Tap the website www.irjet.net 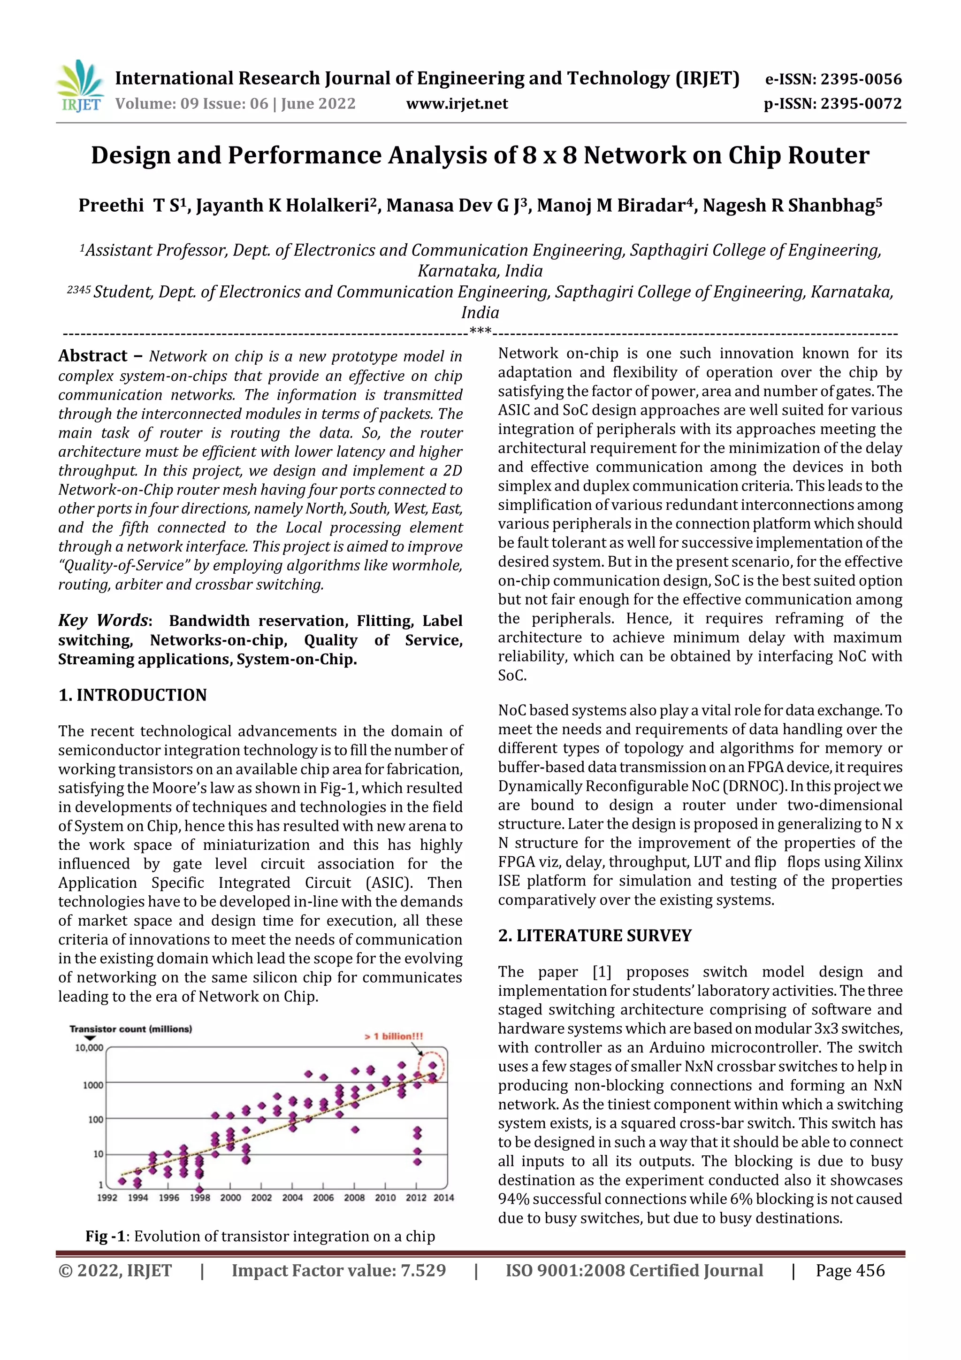click(x=457, y=104)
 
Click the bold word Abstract click(x=93, y=356)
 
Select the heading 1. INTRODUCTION click(x=133, y=695)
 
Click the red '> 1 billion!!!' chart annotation click(x=393, y=1036)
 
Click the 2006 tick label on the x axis click(x=323, y=1197)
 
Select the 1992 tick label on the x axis click(x=107, y=1197)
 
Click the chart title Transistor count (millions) click(x=131, y=1029)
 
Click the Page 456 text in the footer click(x=850, y=1270)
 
